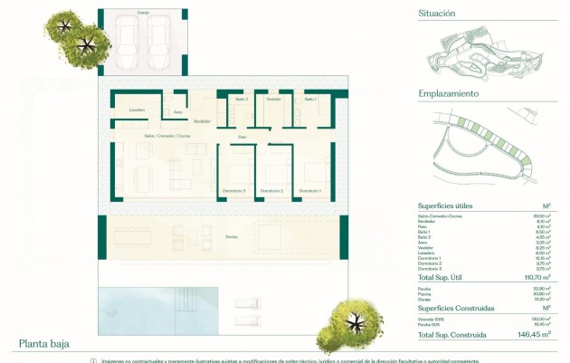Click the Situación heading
[436, 14]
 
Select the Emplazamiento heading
[449, 93]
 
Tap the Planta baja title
[43, 344]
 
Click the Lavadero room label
[138, 110]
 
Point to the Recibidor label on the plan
[202, 120]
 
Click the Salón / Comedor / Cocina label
[166, 135]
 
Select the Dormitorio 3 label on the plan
[233, 191]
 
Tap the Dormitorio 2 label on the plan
[271, 191]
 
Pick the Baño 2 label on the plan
[241, 99]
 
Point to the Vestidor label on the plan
[273, 99]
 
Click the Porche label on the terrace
[233, 236]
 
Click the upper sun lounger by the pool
[247, 303]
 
